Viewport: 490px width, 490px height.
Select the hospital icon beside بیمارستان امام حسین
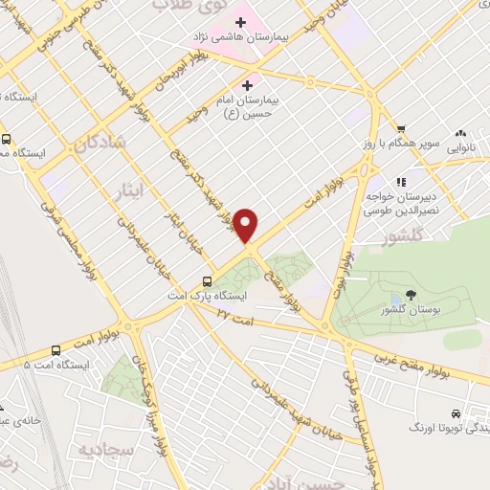pyautogui.click(x=252, y=84)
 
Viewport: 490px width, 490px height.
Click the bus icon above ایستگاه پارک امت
pyautogui.click(x=207, y=281)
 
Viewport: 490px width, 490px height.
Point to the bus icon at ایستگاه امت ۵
pyautogui.click(x=56, y=350)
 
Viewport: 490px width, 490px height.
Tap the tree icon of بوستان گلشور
pyautogui.click(x=411, y=296)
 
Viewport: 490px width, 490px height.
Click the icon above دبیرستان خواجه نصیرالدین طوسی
pyautogui.click(x=401, y=180)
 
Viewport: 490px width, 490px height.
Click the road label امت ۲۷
pyautogui.click(x=235, y=313)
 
